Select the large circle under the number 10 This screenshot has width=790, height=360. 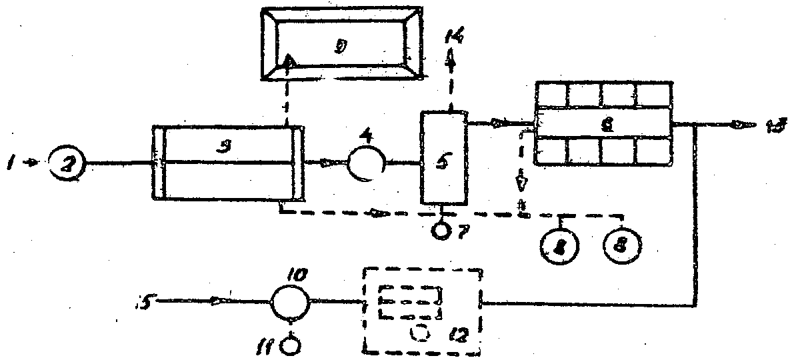coord(289,303)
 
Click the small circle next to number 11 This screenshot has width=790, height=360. coord(291,345)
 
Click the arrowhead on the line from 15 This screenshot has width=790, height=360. coord(217,301)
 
